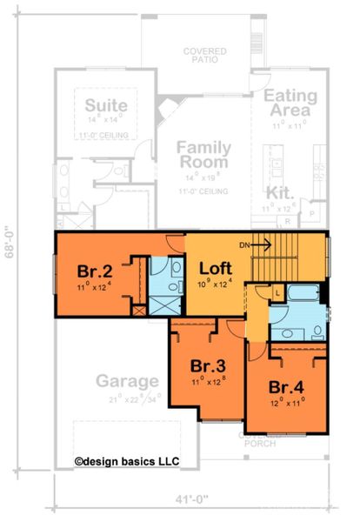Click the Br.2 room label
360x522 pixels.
(93, 270)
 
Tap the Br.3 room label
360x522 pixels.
(206, 365)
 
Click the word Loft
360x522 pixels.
(213, 267)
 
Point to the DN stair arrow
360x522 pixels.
(260, 245)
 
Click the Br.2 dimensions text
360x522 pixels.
(93, 284)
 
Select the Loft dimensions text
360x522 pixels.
(213, 283)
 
